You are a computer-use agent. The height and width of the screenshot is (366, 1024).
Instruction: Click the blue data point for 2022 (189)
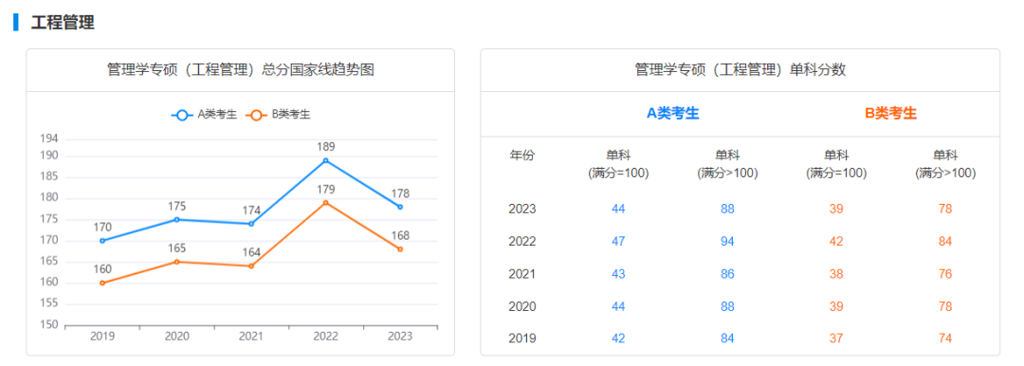[x=325, y=160]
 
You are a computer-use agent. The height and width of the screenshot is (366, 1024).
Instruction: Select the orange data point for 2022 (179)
[x=325, y=202]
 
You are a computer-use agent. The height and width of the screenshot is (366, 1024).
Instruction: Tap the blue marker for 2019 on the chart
[x=102, y=240]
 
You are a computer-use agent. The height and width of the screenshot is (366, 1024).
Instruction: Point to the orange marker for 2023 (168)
[x=400, y=249]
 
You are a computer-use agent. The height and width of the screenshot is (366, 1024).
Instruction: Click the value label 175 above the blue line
[x=177, y=206]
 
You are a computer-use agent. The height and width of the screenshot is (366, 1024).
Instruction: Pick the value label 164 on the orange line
[x=251, y=252]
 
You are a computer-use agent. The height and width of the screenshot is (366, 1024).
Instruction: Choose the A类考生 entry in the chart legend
[x=205, y=115]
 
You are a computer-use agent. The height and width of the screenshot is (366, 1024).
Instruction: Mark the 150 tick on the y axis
[x=49, y=325]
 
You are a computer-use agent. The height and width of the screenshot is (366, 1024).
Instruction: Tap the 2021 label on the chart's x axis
[x=251, y=337]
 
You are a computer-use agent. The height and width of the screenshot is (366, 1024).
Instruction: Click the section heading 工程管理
[x=63, y=23]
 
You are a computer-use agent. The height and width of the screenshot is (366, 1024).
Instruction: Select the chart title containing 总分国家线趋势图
[x=241, y=70]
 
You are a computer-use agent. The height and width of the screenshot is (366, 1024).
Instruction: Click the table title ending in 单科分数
[x=741, y=70]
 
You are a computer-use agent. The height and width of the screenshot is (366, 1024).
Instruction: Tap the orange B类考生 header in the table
[x=890, y=114]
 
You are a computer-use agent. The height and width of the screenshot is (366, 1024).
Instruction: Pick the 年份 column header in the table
[x=522, y=156]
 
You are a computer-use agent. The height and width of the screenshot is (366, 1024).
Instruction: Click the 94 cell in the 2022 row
[x=727, y=241]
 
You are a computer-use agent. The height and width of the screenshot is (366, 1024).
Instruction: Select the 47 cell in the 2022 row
[x=618, y=241]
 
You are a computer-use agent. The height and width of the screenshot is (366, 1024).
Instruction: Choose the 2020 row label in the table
[x=522, y=306]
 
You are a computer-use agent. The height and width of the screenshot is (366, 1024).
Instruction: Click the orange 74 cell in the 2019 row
[x=944, y=339]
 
